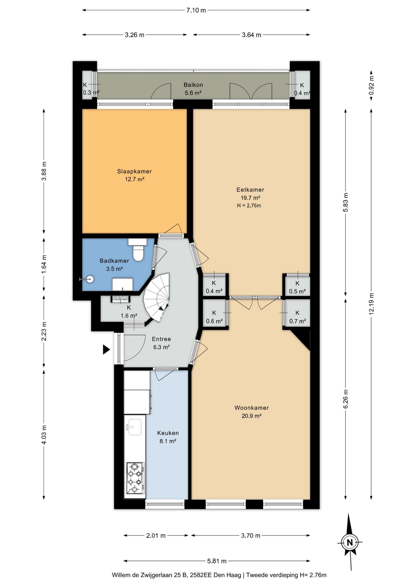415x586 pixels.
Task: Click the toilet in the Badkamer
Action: [138, 249]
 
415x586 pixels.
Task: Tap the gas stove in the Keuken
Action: [135, 478]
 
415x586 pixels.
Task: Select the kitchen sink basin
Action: [134, 426]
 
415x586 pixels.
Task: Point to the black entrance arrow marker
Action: [106, 349]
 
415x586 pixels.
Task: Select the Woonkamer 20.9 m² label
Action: [252, 412]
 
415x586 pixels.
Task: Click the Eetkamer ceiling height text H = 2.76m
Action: [249, 206]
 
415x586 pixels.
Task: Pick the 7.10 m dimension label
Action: [196, 10]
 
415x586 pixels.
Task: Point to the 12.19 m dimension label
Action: [372, 304]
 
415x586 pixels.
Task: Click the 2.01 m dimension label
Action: [156, 536]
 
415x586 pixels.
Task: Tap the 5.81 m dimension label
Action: [217, 561]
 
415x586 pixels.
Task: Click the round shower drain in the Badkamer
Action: [90, 279]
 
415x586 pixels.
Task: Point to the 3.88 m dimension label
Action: [44, 171]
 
